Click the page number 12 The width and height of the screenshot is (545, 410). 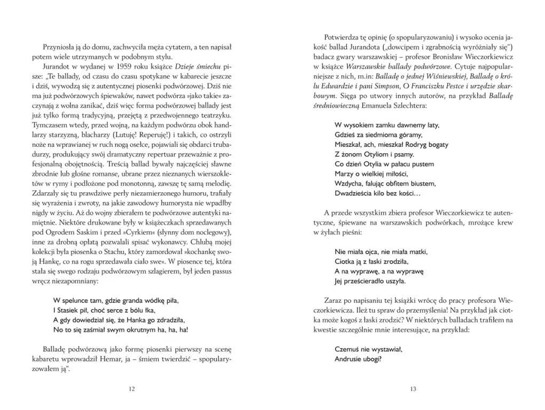click(132, 389)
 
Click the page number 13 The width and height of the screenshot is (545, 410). click(413, 389)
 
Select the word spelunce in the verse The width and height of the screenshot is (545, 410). click(80, 301)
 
